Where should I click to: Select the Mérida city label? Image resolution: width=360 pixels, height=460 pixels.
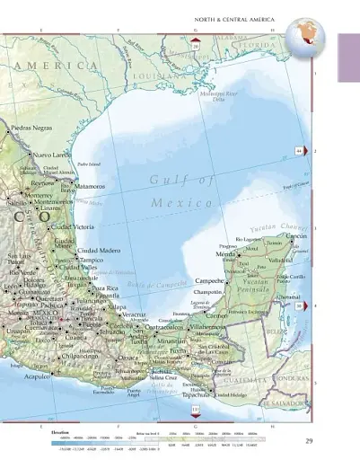pyautogui.click(x=226, y=256)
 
